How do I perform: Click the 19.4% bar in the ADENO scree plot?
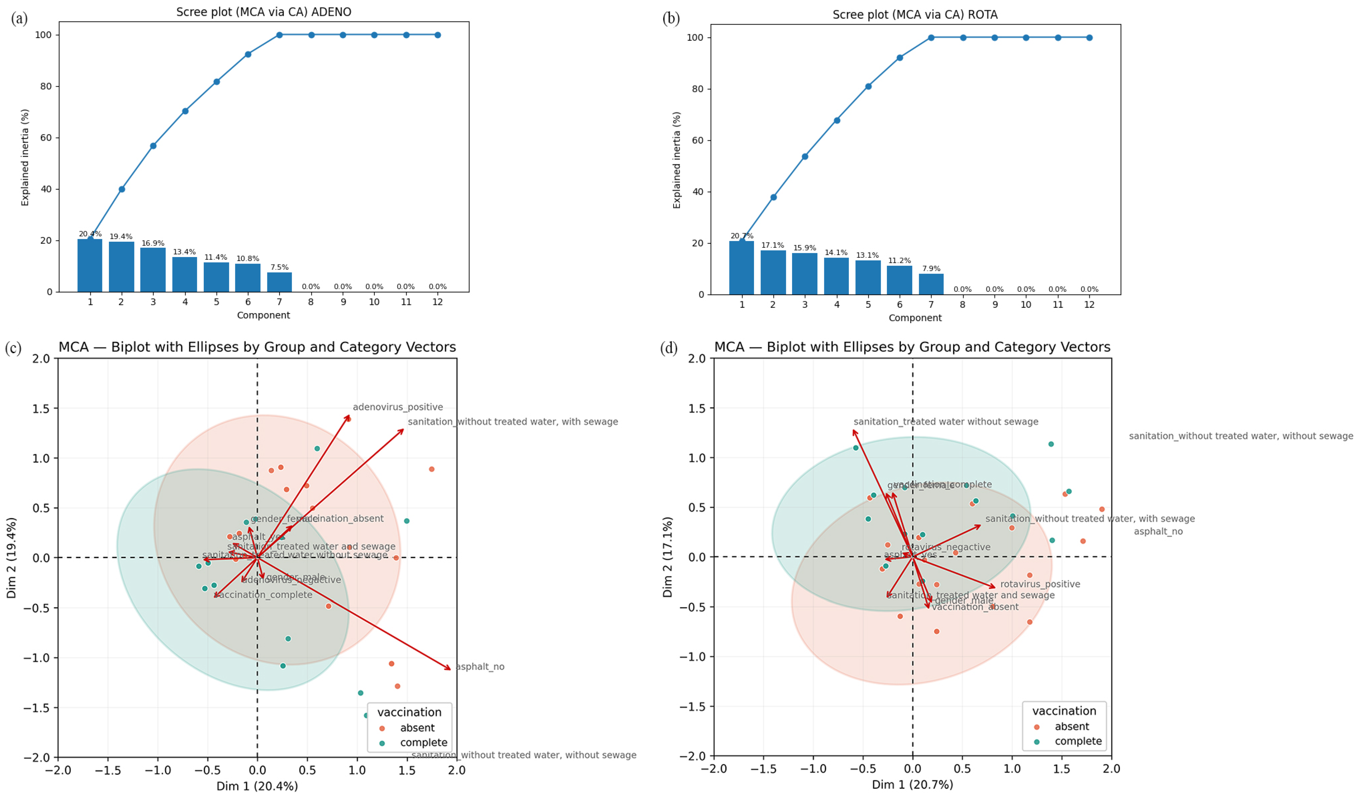[121, 267]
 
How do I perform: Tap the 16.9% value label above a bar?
[153, 244]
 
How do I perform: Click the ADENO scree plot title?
[264, 12]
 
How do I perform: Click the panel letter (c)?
[13, 348]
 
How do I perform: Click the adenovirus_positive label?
[398, 407]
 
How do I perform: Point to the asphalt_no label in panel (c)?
[480, 667]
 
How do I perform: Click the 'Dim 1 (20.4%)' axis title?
[257, 786]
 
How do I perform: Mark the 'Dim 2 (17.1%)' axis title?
[668, 557]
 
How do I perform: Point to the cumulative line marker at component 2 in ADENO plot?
[122, 189]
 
